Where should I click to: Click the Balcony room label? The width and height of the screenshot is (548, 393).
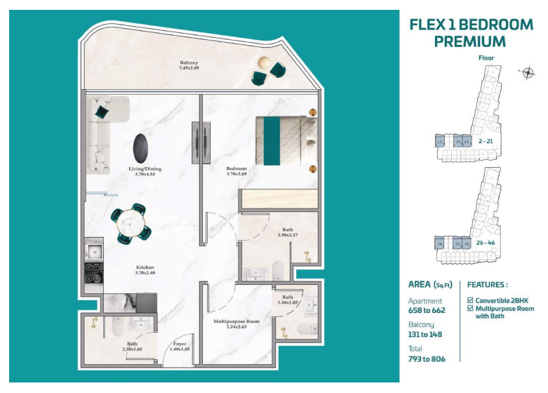(189, 65)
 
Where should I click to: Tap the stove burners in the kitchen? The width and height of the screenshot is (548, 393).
(93, 272)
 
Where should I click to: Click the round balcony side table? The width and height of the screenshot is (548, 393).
(267, 62)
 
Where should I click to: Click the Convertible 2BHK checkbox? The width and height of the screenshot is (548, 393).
(470, 300)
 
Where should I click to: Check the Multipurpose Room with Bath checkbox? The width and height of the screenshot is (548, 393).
(470, 309)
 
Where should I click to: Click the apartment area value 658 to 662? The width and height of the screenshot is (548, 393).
(427, 309)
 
